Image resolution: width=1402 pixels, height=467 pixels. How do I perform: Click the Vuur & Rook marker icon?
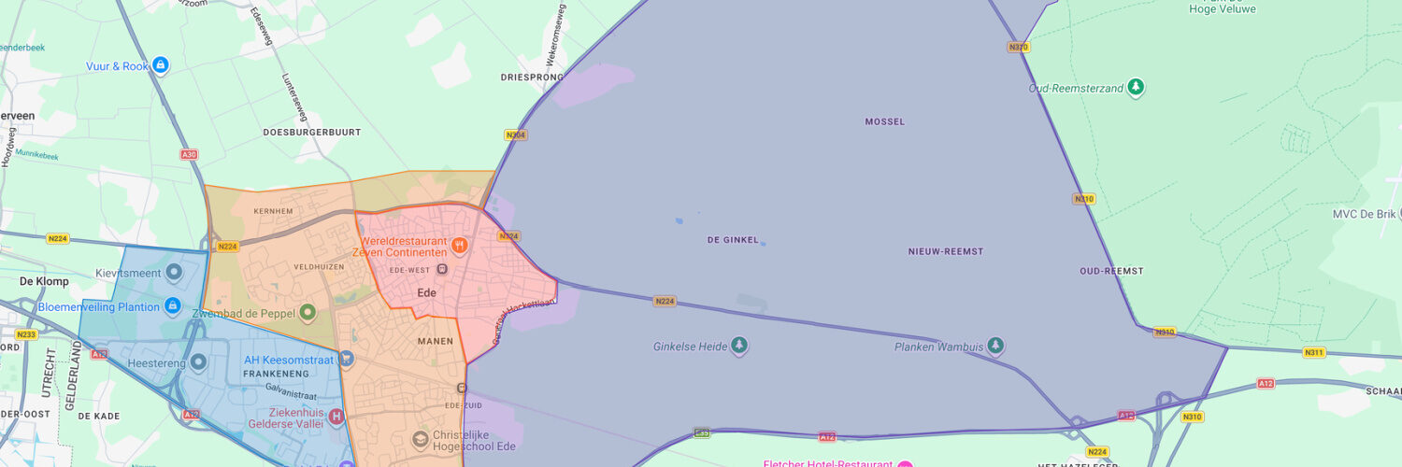(x=161, y=65)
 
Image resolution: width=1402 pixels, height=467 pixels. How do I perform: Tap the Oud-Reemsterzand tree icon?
(x=1136, y=88)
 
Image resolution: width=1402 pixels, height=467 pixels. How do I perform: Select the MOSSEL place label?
(x=884, y=121)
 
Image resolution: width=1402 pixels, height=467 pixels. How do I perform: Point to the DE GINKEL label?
(x=733, y=240)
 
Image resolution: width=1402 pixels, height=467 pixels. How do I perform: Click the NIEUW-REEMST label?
(x=945, y=251)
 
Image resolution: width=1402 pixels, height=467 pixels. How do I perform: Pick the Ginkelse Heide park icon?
(x=739, y=347)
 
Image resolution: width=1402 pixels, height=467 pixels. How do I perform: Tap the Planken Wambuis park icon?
(x=995, y=347)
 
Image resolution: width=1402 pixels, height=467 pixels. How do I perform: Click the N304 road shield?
(x=515, y=135)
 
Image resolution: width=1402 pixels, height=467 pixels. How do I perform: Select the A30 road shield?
(x=189, y=154)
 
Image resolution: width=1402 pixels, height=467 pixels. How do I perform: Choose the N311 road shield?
(x=1314, y=352)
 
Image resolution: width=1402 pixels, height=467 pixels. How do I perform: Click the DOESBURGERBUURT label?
(x=312, y=133)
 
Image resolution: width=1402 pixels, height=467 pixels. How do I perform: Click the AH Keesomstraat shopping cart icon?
(x=347, y=358)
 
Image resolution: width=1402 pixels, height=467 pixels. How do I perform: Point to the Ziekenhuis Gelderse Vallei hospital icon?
(x=336, y=417)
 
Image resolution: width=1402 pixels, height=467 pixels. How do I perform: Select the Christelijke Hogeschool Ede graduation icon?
(x=422, y=438)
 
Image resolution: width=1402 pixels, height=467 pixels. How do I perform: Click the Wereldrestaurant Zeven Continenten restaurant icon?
(x=459, y=246)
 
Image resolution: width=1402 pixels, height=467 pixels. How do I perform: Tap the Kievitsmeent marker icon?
(x=173, y=274)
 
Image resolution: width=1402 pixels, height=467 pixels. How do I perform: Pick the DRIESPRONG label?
(x=531, y=78)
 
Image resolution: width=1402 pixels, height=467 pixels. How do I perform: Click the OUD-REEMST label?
(x=1111, y=271)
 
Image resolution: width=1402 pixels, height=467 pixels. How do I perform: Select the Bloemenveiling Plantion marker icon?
(x=172, y=306)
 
